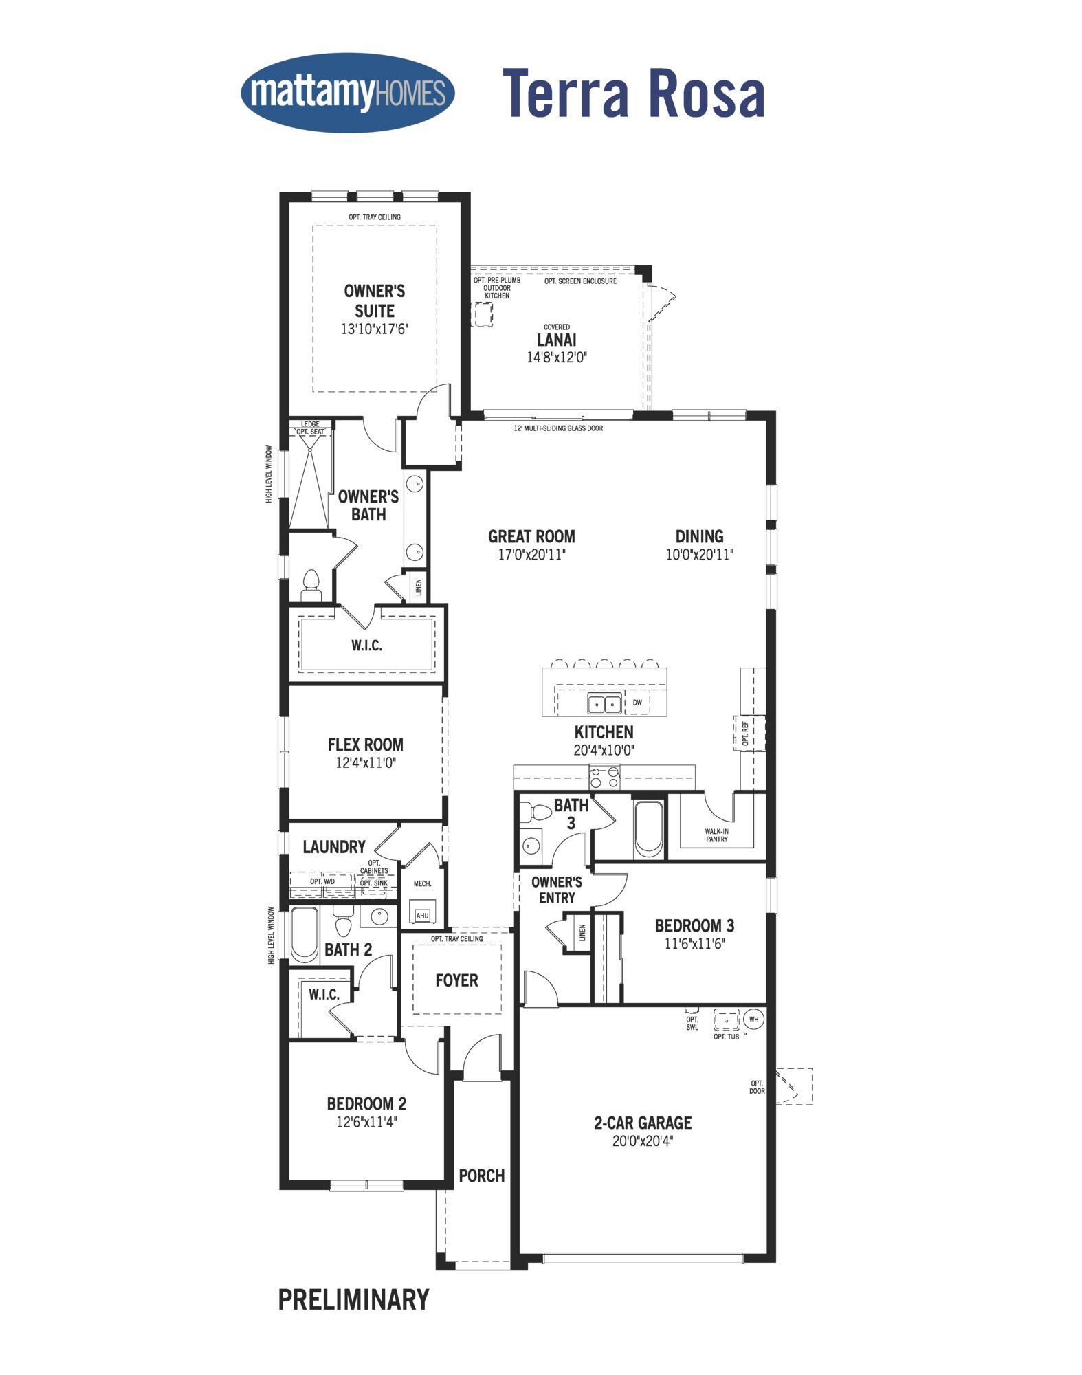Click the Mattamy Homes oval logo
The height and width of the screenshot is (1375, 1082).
(x=348, y=93)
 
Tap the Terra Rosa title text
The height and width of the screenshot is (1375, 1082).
(x=634, y=93)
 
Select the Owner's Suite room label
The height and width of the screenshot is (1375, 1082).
(x=375, y=300)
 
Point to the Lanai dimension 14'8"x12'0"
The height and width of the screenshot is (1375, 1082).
(x=557, y=357)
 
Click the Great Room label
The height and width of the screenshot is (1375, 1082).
(x=531, y=536)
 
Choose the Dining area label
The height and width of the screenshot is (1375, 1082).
(x=699, y=536)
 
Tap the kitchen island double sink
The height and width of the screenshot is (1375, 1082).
(x=604, y=704)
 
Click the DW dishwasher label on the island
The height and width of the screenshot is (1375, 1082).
(x=637, y=703)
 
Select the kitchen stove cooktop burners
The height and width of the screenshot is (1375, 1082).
(x=604, y=777)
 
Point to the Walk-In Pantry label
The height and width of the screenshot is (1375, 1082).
(x=716, y=835)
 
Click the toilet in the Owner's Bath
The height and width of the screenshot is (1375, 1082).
(x=311, y=585)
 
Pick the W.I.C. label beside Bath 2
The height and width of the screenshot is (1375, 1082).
(x=324, y=995)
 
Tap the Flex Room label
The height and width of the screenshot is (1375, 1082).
(x=366, y=745)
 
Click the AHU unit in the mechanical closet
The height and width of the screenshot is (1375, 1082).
(x=422, y=915)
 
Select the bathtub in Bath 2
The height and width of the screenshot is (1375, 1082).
(x=305, y=934)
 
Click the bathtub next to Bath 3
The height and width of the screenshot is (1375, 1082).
(x=648, y=827)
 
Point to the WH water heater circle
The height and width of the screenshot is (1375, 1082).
(x=754, y=1019)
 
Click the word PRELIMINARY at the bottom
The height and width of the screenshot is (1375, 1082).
(x=354, y=1299)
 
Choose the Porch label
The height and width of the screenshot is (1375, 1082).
(x=482, y=1176)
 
